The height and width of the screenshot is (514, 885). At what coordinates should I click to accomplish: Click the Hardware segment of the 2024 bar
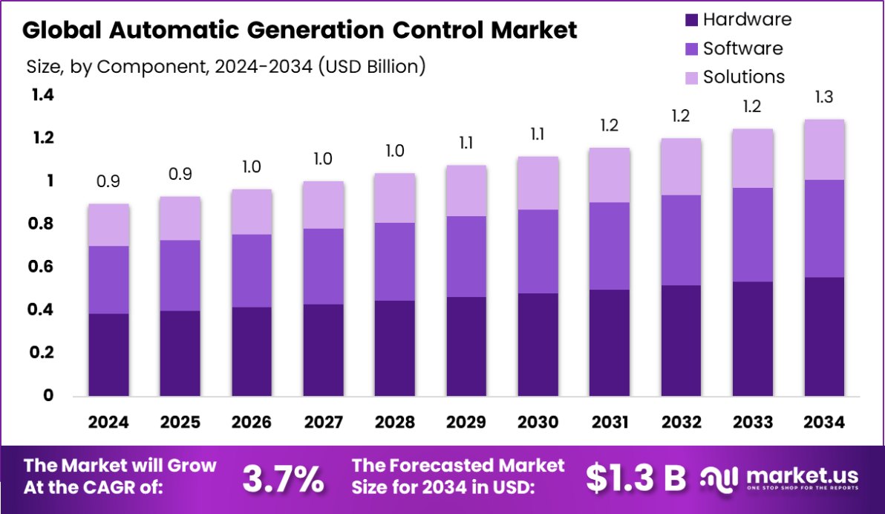(x=108, y=354)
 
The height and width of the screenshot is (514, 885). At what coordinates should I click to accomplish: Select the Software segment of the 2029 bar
(x=466, y=256)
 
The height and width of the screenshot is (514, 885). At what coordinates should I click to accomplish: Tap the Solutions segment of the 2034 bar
(x=823, y=149)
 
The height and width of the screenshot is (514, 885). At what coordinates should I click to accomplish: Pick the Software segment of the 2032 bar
(x=680, y=240)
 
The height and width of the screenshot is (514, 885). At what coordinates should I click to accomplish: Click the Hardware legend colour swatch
(x=690, y=20)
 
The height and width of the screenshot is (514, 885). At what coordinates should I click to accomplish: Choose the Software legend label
(x=742, y=48)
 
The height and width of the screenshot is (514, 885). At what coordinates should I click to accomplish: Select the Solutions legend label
(x=744, y=77)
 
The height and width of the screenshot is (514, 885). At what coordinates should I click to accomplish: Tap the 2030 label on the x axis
(x=538, y=423)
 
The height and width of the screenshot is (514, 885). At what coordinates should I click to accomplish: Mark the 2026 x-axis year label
(x=251, y=423)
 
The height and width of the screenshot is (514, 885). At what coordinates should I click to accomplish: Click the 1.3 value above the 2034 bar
(x=823, y=97)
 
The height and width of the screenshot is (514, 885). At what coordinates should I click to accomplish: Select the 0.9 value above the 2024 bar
(x=108, y=182)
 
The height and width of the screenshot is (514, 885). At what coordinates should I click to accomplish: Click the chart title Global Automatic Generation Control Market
(x=299, y=30)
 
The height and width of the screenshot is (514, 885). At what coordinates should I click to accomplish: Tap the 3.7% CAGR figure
(x=284, y=479)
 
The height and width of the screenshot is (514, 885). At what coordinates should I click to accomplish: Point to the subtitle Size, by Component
(x=226, y=66)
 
